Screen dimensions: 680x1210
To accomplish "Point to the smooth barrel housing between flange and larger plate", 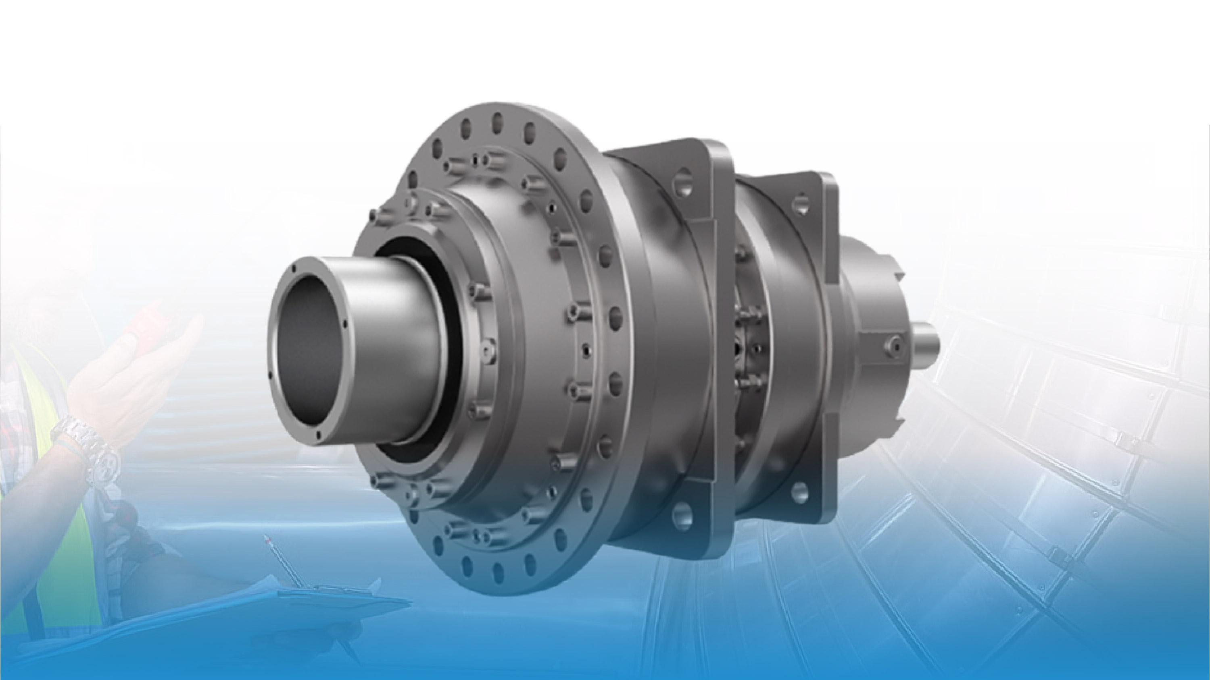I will (x=657, y=357).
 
